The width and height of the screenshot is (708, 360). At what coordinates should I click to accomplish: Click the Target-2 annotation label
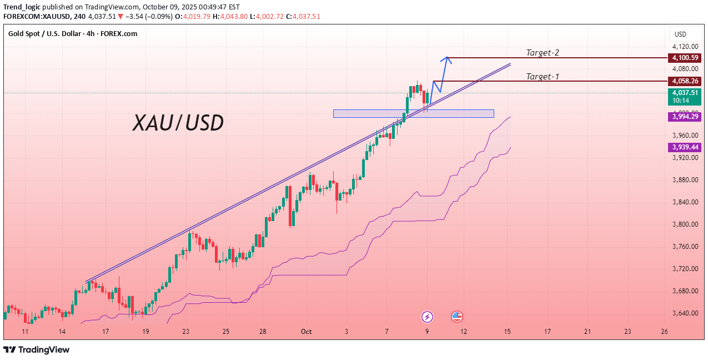coord(543,53)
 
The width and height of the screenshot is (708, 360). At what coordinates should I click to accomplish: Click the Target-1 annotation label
coord(543,77)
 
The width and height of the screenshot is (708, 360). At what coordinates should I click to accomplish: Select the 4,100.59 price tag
coord(685,58)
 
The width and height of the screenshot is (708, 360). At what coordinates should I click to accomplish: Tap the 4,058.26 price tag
coord(685,81)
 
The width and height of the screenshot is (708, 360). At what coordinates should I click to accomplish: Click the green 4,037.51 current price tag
coord(685,93)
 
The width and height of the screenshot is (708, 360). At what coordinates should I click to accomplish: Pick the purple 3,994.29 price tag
coord(685,117)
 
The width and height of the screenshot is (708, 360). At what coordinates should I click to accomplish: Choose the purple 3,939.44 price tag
coord(685,147)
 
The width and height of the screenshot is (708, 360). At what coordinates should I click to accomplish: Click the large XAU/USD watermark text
coord(178,123)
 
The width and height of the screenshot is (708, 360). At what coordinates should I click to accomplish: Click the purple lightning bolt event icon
coord(427,317)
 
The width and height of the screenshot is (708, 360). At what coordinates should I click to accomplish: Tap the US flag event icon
coord(457,317)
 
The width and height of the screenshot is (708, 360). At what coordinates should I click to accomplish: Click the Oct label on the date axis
coord(307,332)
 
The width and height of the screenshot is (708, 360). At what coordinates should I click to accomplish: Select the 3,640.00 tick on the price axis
coord(685,313)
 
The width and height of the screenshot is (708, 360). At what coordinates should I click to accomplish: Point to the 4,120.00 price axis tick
coord(685,47)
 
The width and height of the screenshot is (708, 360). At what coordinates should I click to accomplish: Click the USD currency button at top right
coord(680,34)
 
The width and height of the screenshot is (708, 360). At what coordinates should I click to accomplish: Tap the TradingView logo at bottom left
coord(37,349)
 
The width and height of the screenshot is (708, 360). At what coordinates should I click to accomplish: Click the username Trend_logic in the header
coord(22,7)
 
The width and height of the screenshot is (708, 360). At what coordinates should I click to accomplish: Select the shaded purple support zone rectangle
coord(413,113)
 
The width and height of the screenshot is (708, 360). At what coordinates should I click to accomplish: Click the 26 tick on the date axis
coord(664,332)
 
